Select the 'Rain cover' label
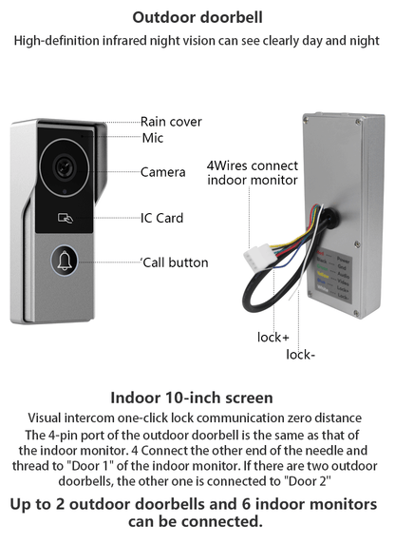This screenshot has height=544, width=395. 171,122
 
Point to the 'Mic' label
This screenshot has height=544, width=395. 153,139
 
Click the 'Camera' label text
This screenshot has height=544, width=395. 162,172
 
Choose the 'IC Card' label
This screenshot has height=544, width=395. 161,218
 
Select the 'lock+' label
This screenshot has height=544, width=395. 273,337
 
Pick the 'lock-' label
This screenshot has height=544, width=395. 300,355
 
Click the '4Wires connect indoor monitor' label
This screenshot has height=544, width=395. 253,172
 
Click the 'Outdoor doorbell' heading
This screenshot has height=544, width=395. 197,17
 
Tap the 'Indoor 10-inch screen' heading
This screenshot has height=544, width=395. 192,398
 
